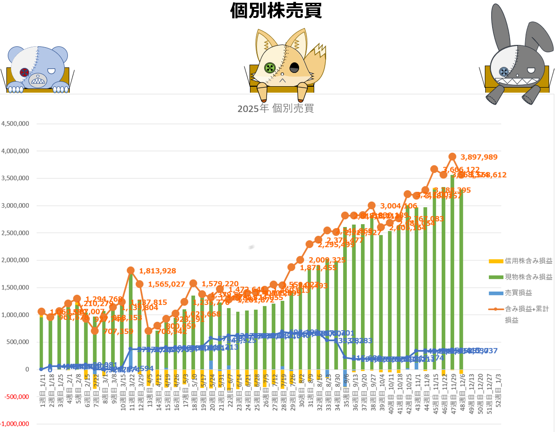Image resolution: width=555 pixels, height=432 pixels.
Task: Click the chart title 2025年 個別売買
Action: (x=275, y=109)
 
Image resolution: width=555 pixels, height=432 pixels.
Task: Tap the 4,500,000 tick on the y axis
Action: (x=16, y=124)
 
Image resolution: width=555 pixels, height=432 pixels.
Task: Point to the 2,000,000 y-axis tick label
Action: (x=16, y=260)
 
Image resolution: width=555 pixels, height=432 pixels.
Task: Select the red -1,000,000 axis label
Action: (x=15, y=424)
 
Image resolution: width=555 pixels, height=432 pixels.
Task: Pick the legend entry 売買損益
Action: (x=519, y=293)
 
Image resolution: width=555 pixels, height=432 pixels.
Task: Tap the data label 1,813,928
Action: (x=157, y=271)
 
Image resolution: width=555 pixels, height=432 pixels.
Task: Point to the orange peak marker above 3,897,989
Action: (x=452, y=156)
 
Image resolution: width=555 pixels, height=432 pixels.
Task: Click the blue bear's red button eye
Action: (x=25, y=72)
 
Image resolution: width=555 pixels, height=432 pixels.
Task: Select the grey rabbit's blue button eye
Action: (x=504, y=71)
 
